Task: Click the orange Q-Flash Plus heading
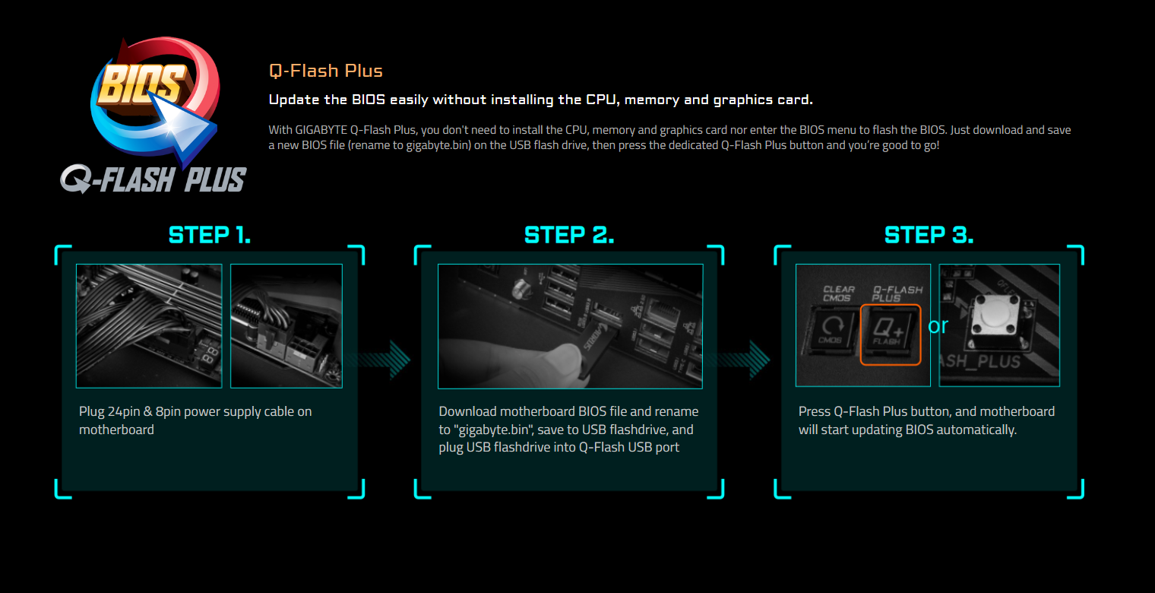click(x=325, y=71)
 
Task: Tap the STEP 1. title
click(x=210, y=235)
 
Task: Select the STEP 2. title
click(x=569, y=235)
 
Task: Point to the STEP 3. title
click(x=929, y=235)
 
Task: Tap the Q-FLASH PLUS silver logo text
click(x=154, y=179)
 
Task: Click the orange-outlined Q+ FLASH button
click(x=890, y=335)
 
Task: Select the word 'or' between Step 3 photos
click(x=938, y=325)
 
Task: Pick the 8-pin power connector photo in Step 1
click(x=286, y=326)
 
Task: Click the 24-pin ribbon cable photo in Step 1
click(x=149, y=326)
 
